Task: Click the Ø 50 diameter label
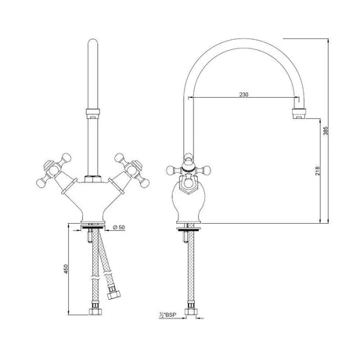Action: point(121,228)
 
